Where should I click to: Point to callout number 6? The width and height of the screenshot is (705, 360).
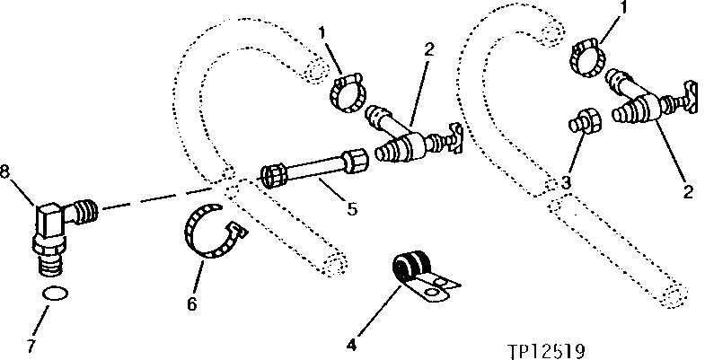191,304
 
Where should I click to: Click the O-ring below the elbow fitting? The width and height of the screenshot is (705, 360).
56,293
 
